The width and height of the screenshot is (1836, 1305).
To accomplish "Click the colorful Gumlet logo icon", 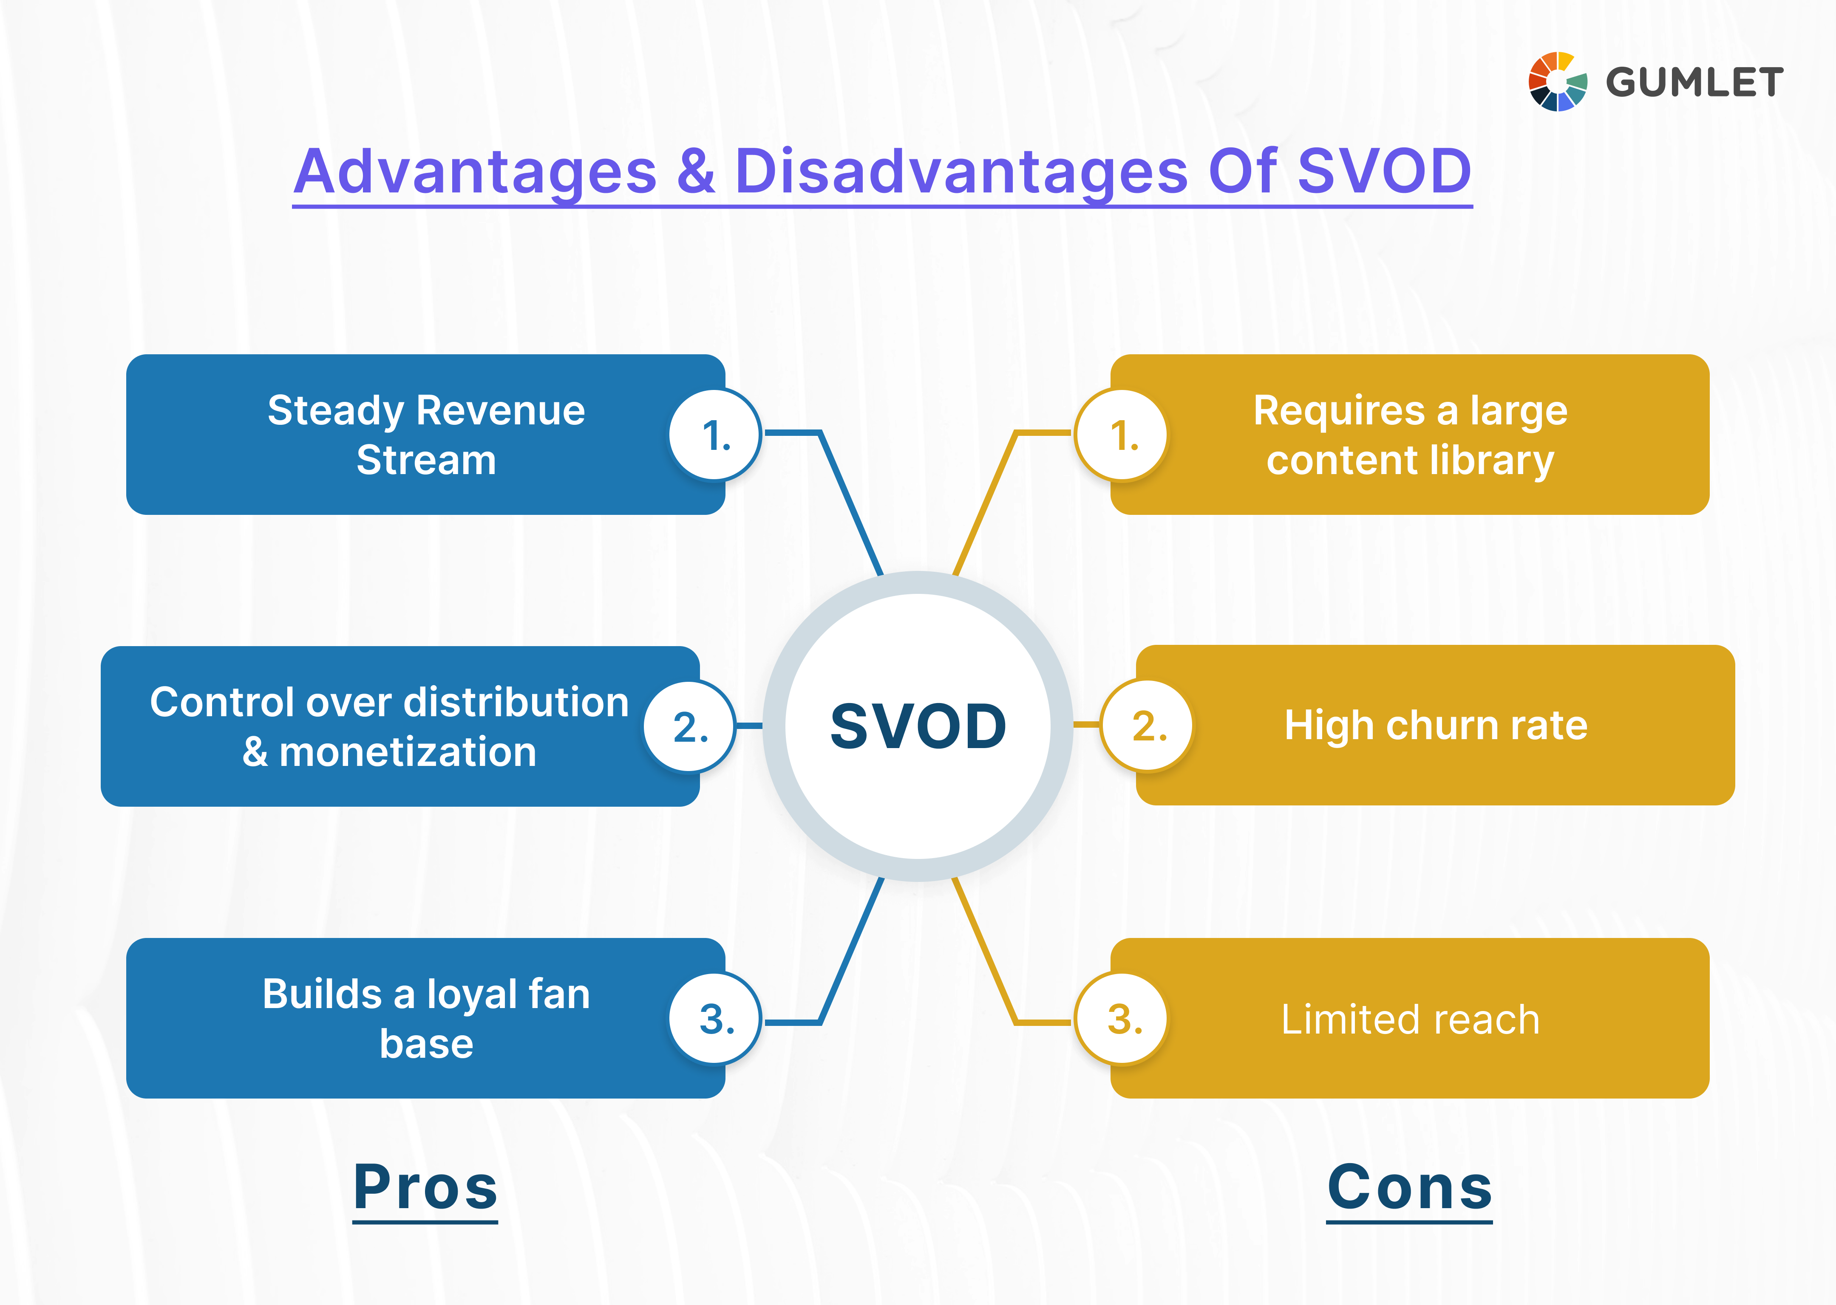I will point(1557,81).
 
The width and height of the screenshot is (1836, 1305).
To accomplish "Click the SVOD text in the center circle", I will point(918,726).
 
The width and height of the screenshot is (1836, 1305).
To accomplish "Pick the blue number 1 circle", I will point(714,435).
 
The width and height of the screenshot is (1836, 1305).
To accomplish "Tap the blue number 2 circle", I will point(690,726).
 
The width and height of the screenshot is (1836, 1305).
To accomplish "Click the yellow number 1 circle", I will point(1122,435).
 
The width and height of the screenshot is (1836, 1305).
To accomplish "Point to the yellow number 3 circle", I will point(1122,1018).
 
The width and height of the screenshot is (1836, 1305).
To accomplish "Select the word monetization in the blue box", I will point(408,752).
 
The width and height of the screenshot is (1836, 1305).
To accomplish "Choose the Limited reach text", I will point(1410,1019).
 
